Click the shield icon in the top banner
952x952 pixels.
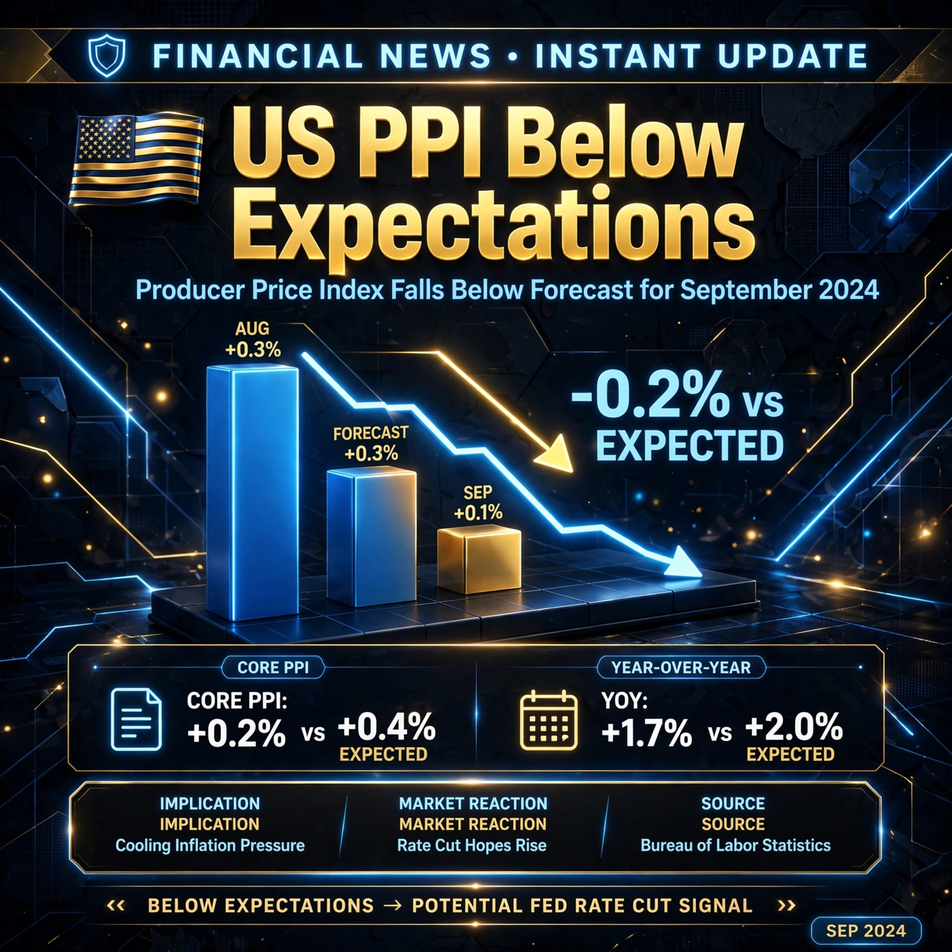(x=107, y=56)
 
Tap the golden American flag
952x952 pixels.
(x=136, y=159)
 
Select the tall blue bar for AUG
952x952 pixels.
(x=252, y=492)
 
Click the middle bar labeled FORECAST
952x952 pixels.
(x=372, y=537)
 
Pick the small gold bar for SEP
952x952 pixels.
(x=479, y=560)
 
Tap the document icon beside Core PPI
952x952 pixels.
(x=136, y=719)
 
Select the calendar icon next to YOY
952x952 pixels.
(x=549, y=720)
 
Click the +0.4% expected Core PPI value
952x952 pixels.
(x=387, y=727)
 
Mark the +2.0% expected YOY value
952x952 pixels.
(x=794, y=727)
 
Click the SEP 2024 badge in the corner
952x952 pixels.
(x=866, y=931)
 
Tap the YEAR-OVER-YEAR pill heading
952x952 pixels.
(x=681, y=668)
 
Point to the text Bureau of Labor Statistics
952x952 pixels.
(x=735, y=845)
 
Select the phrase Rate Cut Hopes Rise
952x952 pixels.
(x=472, y=845)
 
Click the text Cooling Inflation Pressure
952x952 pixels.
(x=210, y=845)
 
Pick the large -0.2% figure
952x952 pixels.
(x=650, y=394)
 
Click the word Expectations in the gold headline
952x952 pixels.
(x=499, y=229)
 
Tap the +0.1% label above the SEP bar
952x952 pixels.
(x=478, y=513)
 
